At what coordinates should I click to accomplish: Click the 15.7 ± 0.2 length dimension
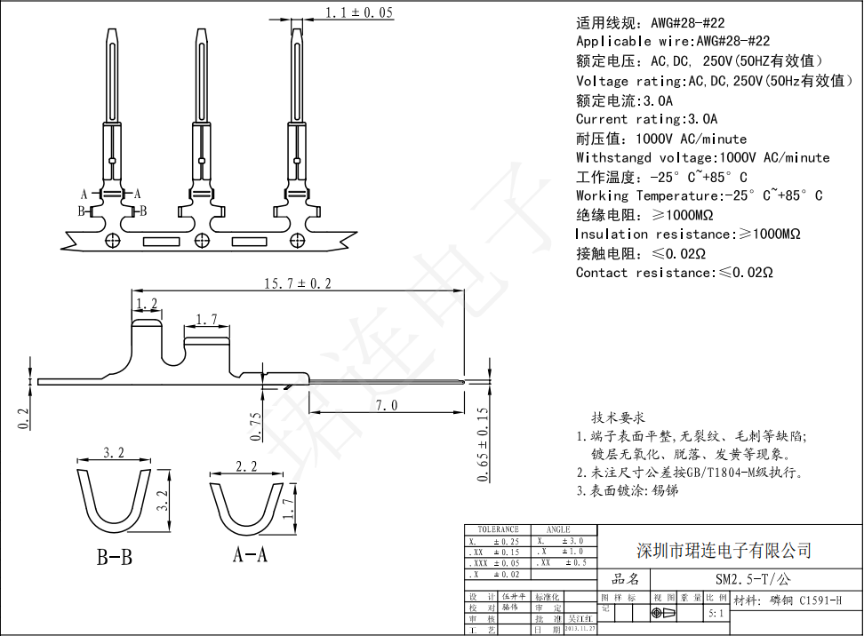pyautogui.click(x=297, y=283)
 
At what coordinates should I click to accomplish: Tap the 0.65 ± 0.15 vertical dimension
pyautogui.click(x=482, y=444)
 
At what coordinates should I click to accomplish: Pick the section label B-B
pyautogui.click(x=115, y=558)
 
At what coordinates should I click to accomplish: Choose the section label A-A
pyautogui.click(x=251, y=555)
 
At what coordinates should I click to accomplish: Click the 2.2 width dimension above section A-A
pyautogui.click(x=246, y=466)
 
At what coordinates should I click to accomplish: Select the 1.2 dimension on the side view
pyautogui.click(x=147, y=305)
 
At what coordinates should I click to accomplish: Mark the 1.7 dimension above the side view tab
pyautogui.click(x=206, y=319)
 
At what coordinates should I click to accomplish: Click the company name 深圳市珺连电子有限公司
pyautogui.click(x=724, y=551)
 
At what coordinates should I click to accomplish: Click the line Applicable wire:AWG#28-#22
pyautogui.click(x=673, y=42)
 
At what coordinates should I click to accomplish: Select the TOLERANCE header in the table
pyautogui.click(x=496, y=529)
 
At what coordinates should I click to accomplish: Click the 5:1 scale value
pyautogui.click(x=716, y=613)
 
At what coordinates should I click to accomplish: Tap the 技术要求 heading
pyautogui.click(x=618, y=417)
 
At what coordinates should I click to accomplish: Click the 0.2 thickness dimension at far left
pyautogui.click(x=24, y=414)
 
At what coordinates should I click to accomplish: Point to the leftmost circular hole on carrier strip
pyautogui.click(x=112, y=240)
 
